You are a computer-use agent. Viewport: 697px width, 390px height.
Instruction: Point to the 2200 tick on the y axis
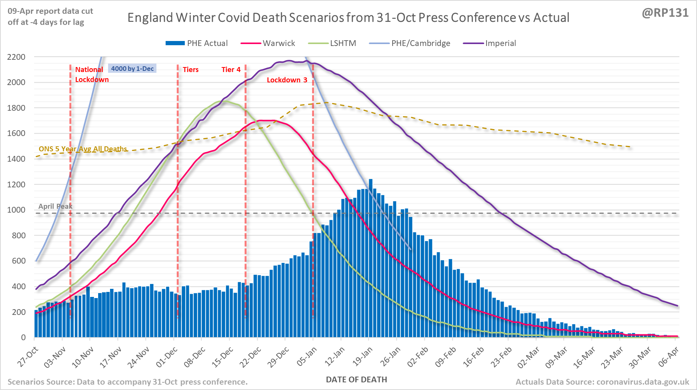16,57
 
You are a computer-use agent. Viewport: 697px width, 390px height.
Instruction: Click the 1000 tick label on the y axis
16,210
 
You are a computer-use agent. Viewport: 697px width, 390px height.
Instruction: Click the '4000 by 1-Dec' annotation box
132,69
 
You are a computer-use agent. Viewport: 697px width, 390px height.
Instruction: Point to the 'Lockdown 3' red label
287,80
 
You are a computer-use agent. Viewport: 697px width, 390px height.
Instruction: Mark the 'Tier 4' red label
231,70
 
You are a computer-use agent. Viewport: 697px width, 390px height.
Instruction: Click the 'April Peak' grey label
55,206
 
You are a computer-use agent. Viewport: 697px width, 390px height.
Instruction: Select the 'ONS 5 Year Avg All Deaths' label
83,149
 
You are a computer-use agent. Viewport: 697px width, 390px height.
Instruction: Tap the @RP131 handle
665,13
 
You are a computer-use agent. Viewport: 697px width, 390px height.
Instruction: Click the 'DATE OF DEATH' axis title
357,380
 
